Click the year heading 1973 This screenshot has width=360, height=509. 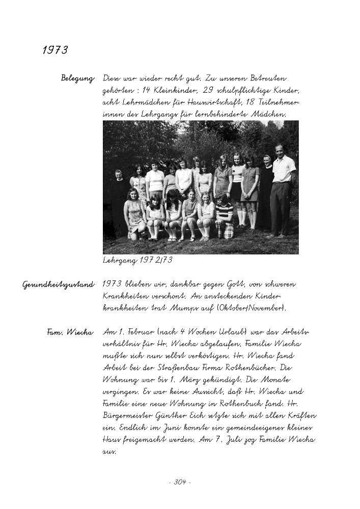coord(55,50)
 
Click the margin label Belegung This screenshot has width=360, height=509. coord(77,78)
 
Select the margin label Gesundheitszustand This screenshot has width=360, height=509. coord(58,285)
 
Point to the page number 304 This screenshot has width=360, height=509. coord(179,482)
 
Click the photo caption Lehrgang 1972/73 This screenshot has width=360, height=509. coord(137,260)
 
